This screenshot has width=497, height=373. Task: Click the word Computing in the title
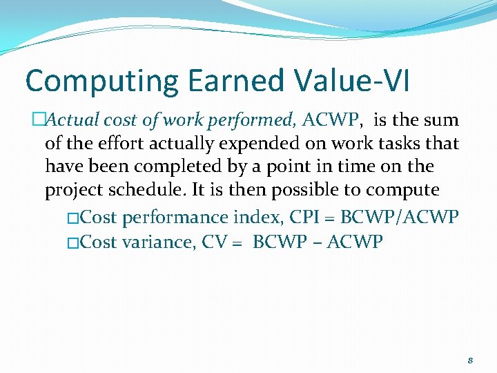101,82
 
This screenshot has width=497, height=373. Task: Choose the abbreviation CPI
306,218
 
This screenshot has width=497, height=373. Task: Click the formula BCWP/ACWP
400,218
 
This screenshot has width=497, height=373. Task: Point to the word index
257,218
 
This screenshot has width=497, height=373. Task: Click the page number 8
469,361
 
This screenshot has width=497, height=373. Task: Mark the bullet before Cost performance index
74,218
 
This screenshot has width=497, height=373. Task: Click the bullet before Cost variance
74,243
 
